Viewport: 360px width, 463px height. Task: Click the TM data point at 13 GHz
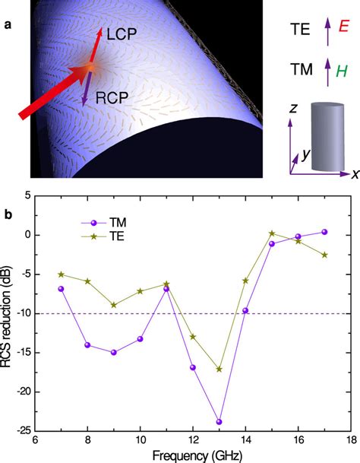coord(219,421)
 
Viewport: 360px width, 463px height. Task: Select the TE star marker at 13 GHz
coord(219,369)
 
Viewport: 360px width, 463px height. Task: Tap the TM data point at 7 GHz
coord(61,289)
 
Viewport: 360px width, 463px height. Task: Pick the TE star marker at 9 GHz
coord(113,305)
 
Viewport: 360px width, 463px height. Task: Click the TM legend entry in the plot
coord(114,224)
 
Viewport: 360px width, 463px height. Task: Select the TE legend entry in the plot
coord(114,237)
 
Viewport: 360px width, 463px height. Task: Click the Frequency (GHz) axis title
coord(192,456)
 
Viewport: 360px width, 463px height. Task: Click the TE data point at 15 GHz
coord(271,233)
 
